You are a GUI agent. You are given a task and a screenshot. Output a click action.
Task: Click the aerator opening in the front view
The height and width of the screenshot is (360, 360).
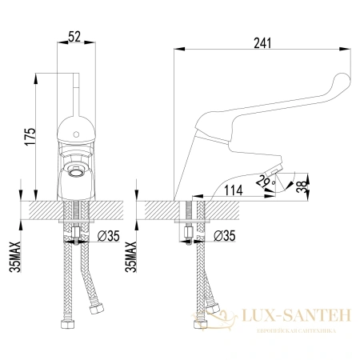[78, 171]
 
